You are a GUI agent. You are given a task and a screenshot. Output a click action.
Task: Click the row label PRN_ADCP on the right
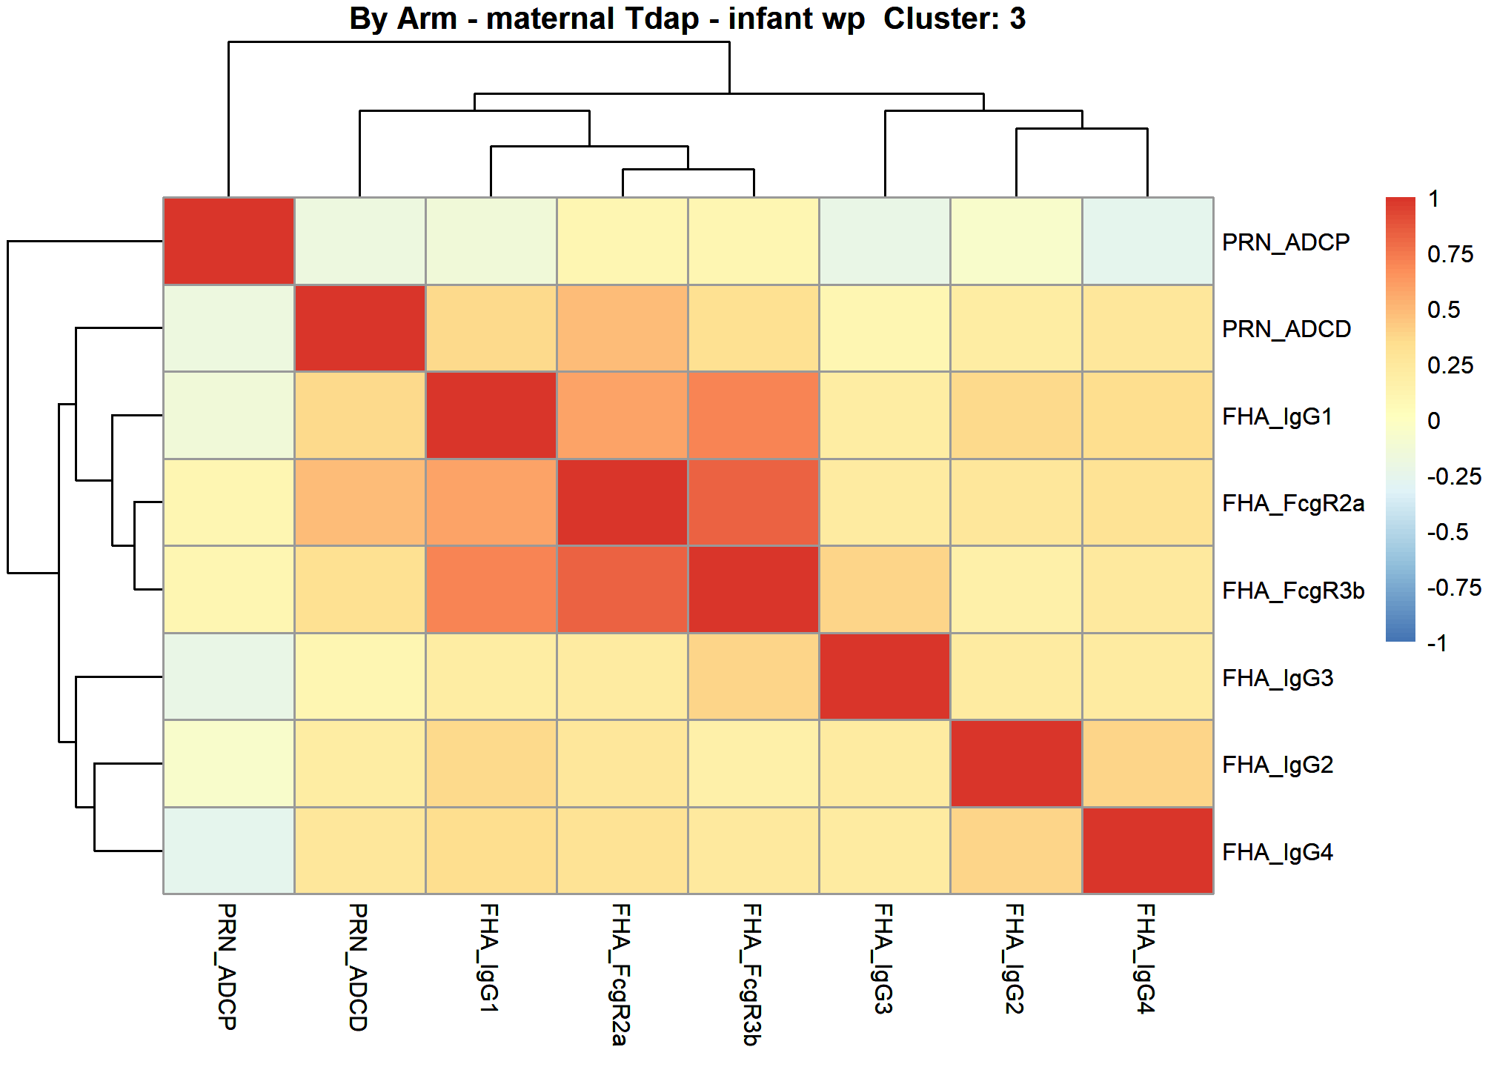tap(1286, 242)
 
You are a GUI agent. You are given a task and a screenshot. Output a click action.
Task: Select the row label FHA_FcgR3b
tap(1293, 591)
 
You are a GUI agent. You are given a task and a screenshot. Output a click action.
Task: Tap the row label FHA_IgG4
tap(1278, 852)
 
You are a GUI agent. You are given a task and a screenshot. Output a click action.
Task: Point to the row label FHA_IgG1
tap(1278, 416)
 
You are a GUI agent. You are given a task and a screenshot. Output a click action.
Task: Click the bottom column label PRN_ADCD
tap(358, 967)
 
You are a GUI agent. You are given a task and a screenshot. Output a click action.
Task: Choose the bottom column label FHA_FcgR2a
tap(621, 974)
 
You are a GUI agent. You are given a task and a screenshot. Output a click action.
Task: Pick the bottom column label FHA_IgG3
tap(883, 959)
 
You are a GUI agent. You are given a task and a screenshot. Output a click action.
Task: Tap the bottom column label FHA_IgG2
tap(1015, 959)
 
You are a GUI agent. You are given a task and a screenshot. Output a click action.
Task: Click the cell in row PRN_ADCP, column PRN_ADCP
tap(229, 241)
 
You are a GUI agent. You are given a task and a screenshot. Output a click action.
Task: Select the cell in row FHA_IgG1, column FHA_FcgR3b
tap(754, 415)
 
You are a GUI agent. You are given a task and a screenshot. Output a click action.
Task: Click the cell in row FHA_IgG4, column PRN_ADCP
tap(229, 851)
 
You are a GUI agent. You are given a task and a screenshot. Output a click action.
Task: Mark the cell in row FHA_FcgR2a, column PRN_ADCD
tap(360, 502)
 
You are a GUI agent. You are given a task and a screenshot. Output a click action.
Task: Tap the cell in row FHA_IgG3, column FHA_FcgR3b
tap(754, 677)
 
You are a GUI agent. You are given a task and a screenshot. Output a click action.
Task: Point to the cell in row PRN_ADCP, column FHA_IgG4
tap(1148, 241)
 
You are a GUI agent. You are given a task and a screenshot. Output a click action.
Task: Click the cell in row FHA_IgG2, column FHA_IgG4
tap(1148, 763)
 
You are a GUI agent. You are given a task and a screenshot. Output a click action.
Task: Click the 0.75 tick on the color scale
tap(1450, 254)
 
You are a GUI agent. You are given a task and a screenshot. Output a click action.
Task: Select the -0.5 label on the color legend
tap(1448, 532)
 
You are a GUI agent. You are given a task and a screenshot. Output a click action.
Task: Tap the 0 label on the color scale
tap(1434, 421)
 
